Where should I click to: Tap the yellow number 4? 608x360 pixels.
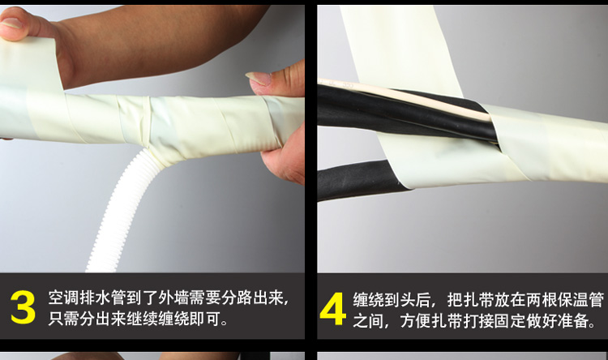(332, 308)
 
